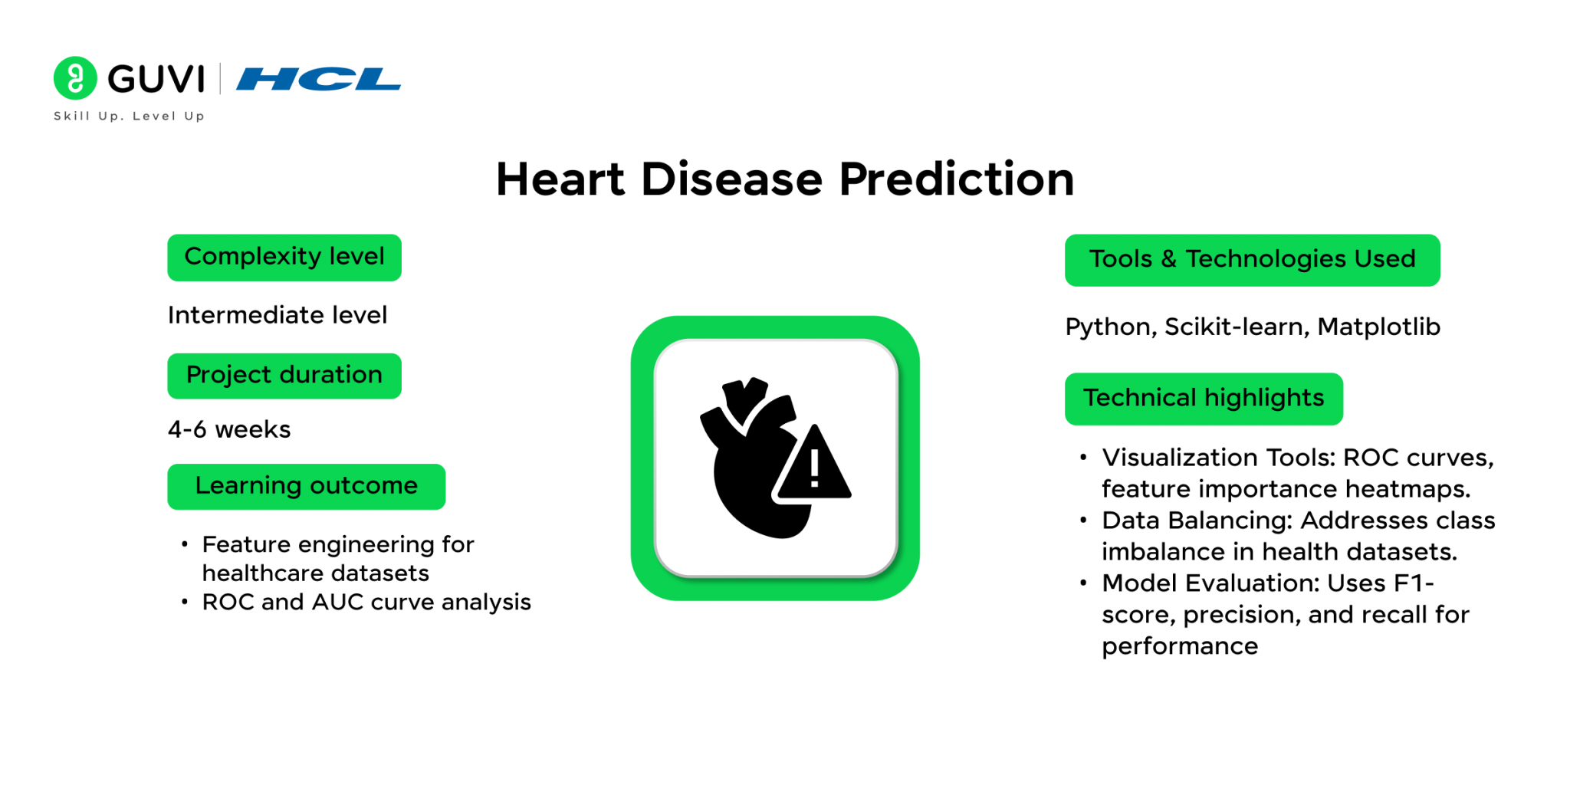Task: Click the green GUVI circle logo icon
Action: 75,78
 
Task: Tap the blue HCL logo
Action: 318,79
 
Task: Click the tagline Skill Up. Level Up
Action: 129,116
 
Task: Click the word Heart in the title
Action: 560,179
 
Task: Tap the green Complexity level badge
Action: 284,258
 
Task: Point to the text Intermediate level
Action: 278,315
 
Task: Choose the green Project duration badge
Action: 284,376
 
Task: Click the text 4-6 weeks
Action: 229,429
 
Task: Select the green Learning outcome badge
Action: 306,486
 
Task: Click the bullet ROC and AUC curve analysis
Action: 366,603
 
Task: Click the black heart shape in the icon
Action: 747,468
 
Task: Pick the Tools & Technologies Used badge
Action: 1252,260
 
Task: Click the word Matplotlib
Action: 1378,327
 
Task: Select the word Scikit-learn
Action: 1237,327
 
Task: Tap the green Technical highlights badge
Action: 1204,399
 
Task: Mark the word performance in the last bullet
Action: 1180,646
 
